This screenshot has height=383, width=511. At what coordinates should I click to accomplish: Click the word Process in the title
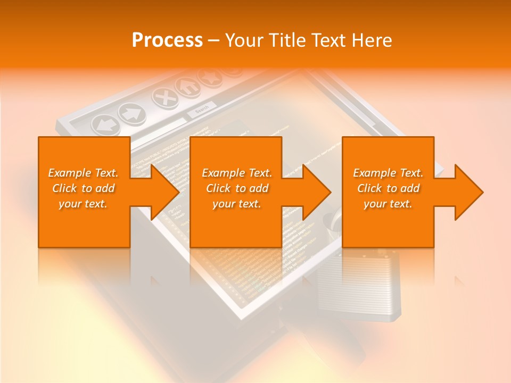point(167,40)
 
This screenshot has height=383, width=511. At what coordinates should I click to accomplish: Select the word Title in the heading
point(290,40)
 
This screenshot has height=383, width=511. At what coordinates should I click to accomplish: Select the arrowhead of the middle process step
point(316,192)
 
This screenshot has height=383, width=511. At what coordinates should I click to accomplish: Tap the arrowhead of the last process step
point(468,192)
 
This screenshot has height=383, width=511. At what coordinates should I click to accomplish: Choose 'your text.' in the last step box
point(388,204)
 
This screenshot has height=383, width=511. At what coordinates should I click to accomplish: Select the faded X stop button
point(164,97)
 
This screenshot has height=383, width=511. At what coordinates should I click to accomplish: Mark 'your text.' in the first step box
point(83,204)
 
